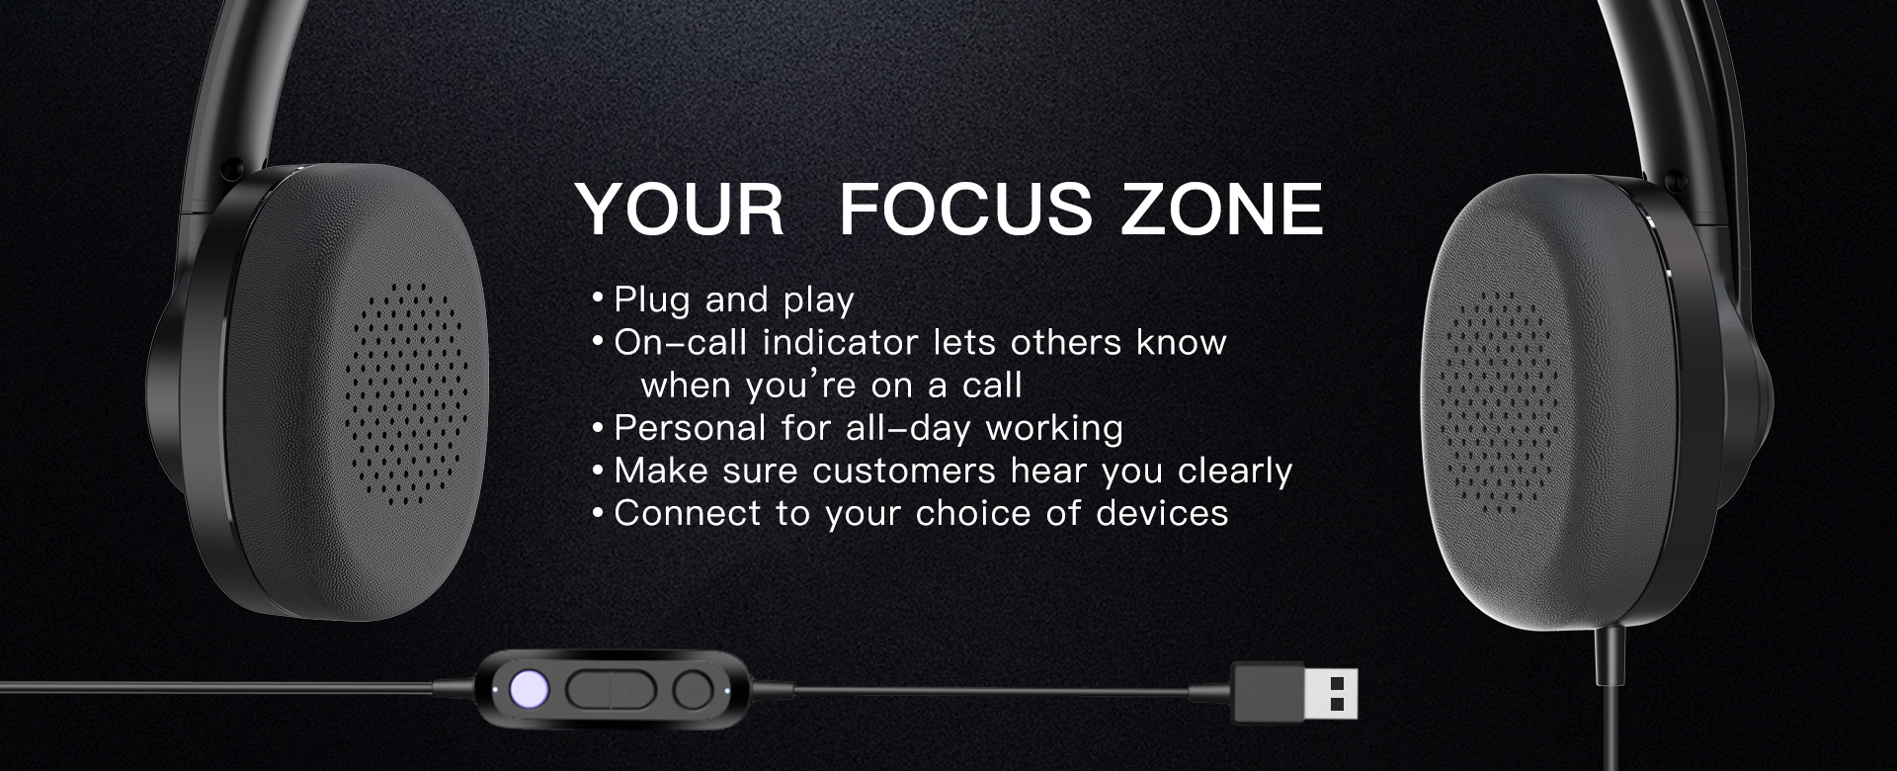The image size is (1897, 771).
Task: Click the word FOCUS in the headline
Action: point(965,210)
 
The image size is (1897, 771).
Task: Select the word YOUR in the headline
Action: point(680,210)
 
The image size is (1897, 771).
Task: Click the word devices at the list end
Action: point(1162,513)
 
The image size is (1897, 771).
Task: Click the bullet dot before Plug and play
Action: point(597,298)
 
